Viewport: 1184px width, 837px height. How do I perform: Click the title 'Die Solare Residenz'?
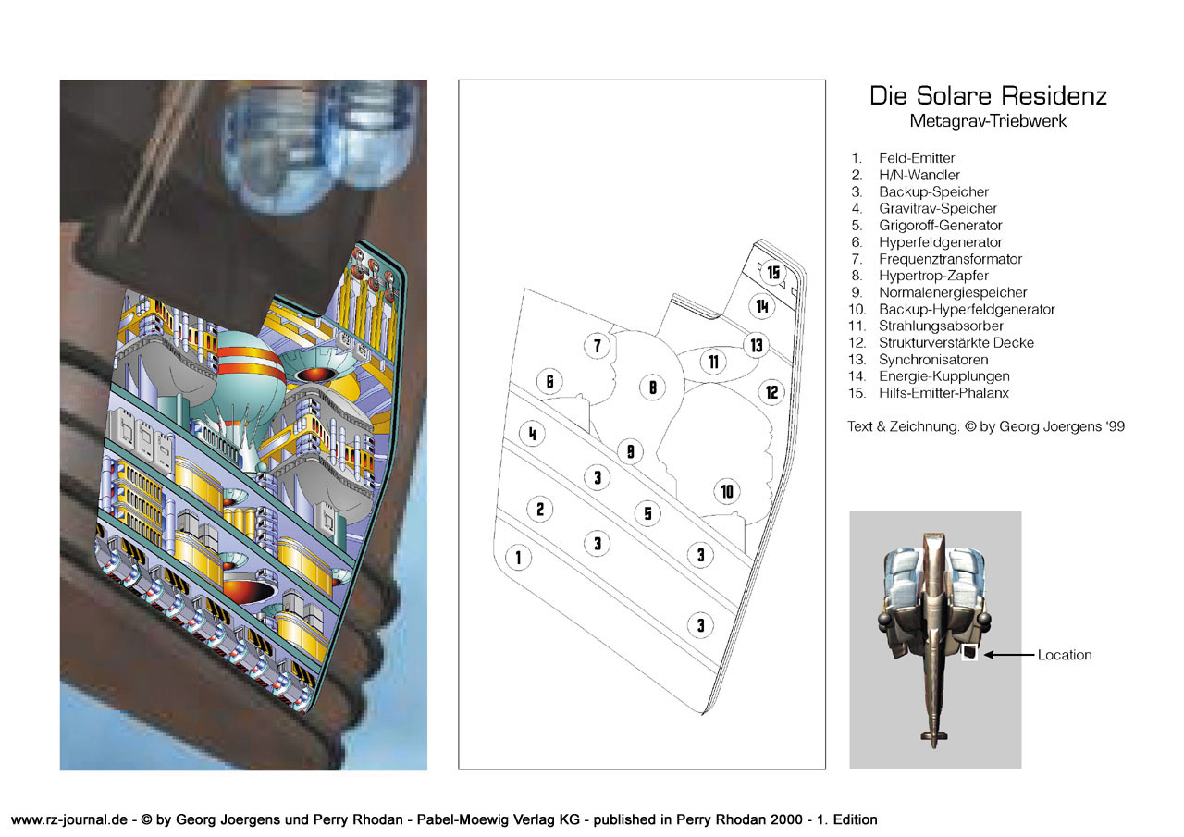click(x=988, y=96)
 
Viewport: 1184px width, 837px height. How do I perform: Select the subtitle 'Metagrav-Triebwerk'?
click(x=988, y=121)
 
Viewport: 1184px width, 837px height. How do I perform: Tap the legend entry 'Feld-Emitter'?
click(x=917, y=158)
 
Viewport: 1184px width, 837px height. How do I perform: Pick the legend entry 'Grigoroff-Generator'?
click(x=941, y=225)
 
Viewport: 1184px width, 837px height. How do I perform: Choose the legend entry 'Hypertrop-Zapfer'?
click(x=933, y=276)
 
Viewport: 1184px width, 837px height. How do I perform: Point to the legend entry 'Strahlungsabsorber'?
click(x=941, y=326)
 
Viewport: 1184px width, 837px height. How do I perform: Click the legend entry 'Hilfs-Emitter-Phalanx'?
click(x=943, y=393)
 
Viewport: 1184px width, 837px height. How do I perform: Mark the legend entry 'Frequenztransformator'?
click(x=950, y=259)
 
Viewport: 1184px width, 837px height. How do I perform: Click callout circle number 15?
click(x=773, y=273)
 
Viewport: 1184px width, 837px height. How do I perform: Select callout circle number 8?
click(x=653, y=388)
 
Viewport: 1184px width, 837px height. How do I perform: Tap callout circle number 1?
click(x=518, y=558)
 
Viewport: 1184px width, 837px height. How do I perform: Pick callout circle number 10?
click(x=727, y=491)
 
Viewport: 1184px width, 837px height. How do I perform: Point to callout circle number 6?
click(x=549, y=381)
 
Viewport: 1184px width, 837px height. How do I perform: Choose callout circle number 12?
click(x=771, y=392)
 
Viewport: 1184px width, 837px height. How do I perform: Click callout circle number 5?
click(x=647, y=513)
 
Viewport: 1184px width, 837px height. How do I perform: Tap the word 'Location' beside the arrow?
click(x=1065, y=655)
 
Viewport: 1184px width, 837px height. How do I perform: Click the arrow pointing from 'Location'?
click(x=1009, y=655)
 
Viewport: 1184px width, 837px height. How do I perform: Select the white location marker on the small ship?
click(x=968, y=653)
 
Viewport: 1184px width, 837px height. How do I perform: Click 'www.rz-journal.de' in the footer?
click(x=69, y=819)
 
